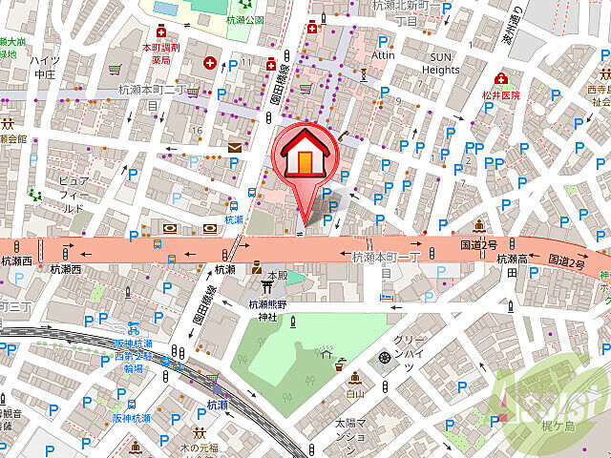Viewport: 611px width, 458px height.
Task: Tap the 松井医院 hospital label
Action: (501, 96)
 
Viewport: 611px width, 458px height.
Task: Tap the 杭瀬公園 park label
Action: (246, 19)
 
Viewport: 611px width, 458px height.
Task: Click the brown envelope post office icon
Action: (235, 147)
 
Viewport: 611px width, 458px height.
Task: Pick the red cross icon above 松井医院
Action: (499, 78)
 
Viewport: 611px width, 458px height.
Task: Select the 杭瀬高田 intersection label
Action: (525, 265)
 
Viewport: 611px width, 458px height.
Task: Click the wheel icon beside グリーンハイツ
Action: (385, 357)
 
